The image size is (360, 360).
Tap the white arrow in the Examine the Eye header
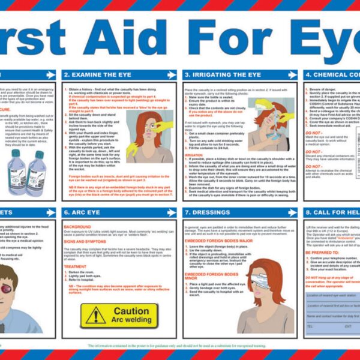pos(171,75)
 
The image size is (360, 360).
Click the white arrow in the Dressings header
pos(292,212)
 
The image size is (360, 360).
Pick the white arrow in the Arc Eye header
pos(171,212)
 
